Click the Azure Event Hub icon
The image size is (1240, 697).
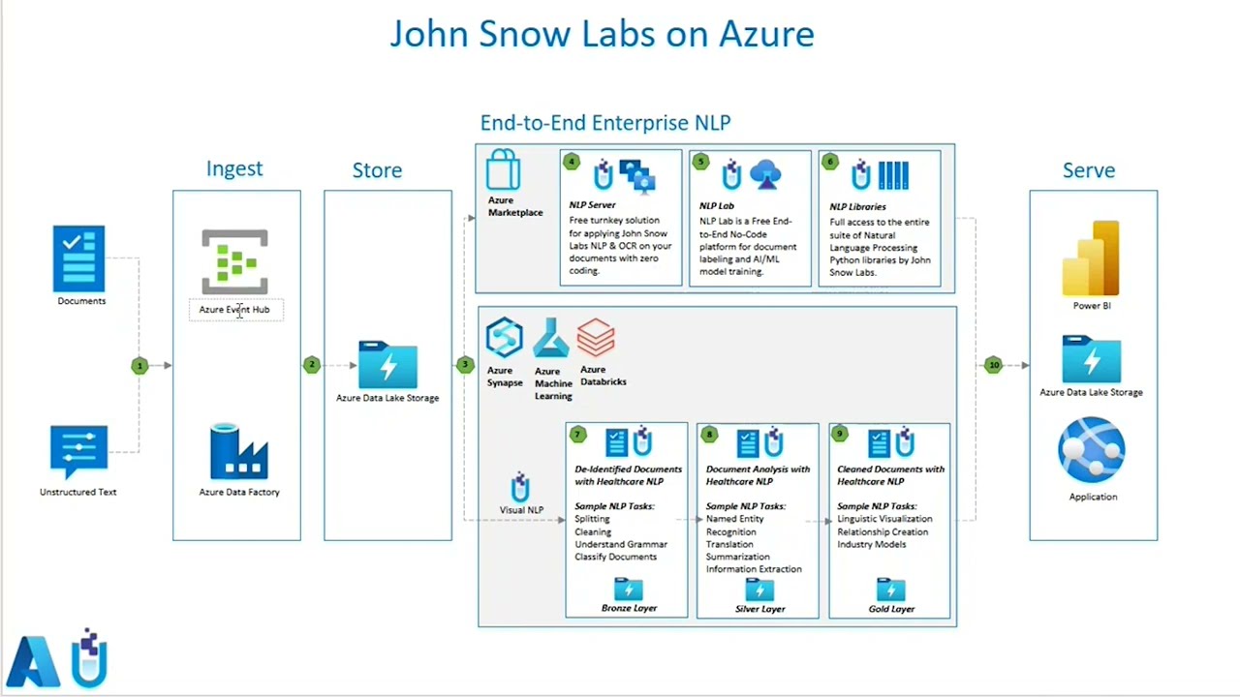(x=234, y=261)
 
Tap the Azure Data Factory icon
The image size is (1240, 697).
(x=238, y=451)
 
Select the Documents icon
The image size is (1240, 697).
(x=79, y=258)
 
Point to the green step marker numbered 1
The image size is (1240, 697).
(x=139, y=366)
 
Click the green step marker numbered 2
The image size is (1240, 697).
(x=311, y=365)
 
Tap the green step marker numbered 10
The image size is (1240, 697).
(x=993, y=365)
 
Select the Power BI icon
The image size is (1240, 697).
(x=1092, y=258)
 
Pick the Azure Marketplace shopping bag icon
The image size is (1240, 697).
(x=504, y=170)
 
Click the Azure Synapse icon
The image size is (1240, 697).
(x=504, y=338)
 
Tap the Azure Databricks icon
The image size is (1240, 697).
(x=596, y=338)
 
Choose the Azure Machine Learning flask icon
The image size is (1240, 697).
(x=550, y=339)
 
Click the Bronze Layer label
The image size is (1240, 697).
(x=629, y=608)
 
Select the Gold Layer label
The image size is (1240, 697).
(x=891, y=609)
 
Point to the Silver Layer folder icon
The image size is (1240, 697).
(x=759, y=590)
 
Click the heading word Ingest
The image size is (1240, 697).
(x=234, y=168)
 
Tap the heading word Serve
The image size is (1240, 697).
(x=1089, y=170)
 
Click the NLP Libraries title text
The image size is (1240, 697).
(x=857, y=206)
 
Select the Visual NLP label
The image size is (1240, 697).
(x=521, y=510)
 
